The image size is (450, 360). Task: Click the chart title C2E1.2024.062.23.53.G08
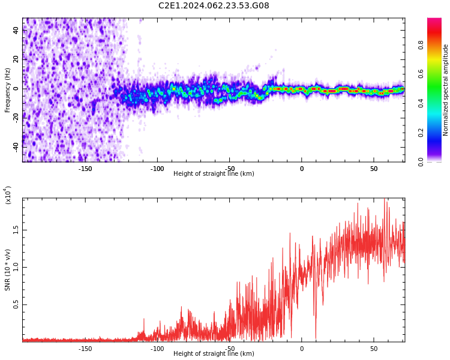214,6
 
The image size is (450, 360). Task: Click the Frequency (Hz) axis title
8,89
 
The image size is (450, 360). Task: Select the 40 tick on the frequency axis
17,31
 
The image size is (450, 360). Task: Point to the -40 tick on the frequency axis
16,146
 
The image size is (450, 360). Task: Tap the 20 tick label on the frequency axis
17,59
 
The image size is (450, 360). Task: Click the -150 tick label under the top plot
85,168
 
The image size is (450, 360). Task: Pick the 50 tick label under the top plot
373,168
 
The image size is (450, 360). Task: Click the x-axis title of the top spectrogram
214,174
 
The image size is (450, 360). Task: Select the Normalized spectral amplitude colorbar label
446,89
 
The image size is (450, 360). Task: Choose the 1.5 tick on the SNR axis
16,230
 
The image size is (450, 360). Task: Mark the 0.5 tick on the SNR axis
16,305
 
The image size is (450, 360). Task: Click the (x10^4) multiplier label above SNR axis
8,195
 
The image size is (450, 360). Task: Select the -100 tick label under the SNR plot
157,348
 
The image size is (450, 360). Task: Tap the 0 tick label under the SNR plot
302,348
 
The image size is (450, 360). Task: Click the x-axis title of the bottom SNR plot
214,354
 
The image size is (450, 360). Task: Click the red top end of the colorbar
434,22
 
